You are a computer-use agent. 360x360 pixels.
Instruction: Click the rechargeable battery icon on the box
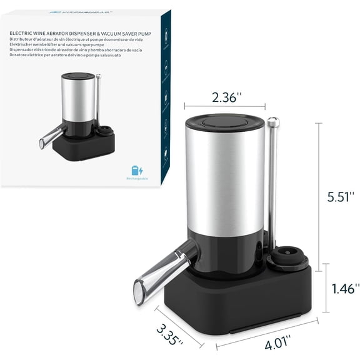(137, 170)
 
